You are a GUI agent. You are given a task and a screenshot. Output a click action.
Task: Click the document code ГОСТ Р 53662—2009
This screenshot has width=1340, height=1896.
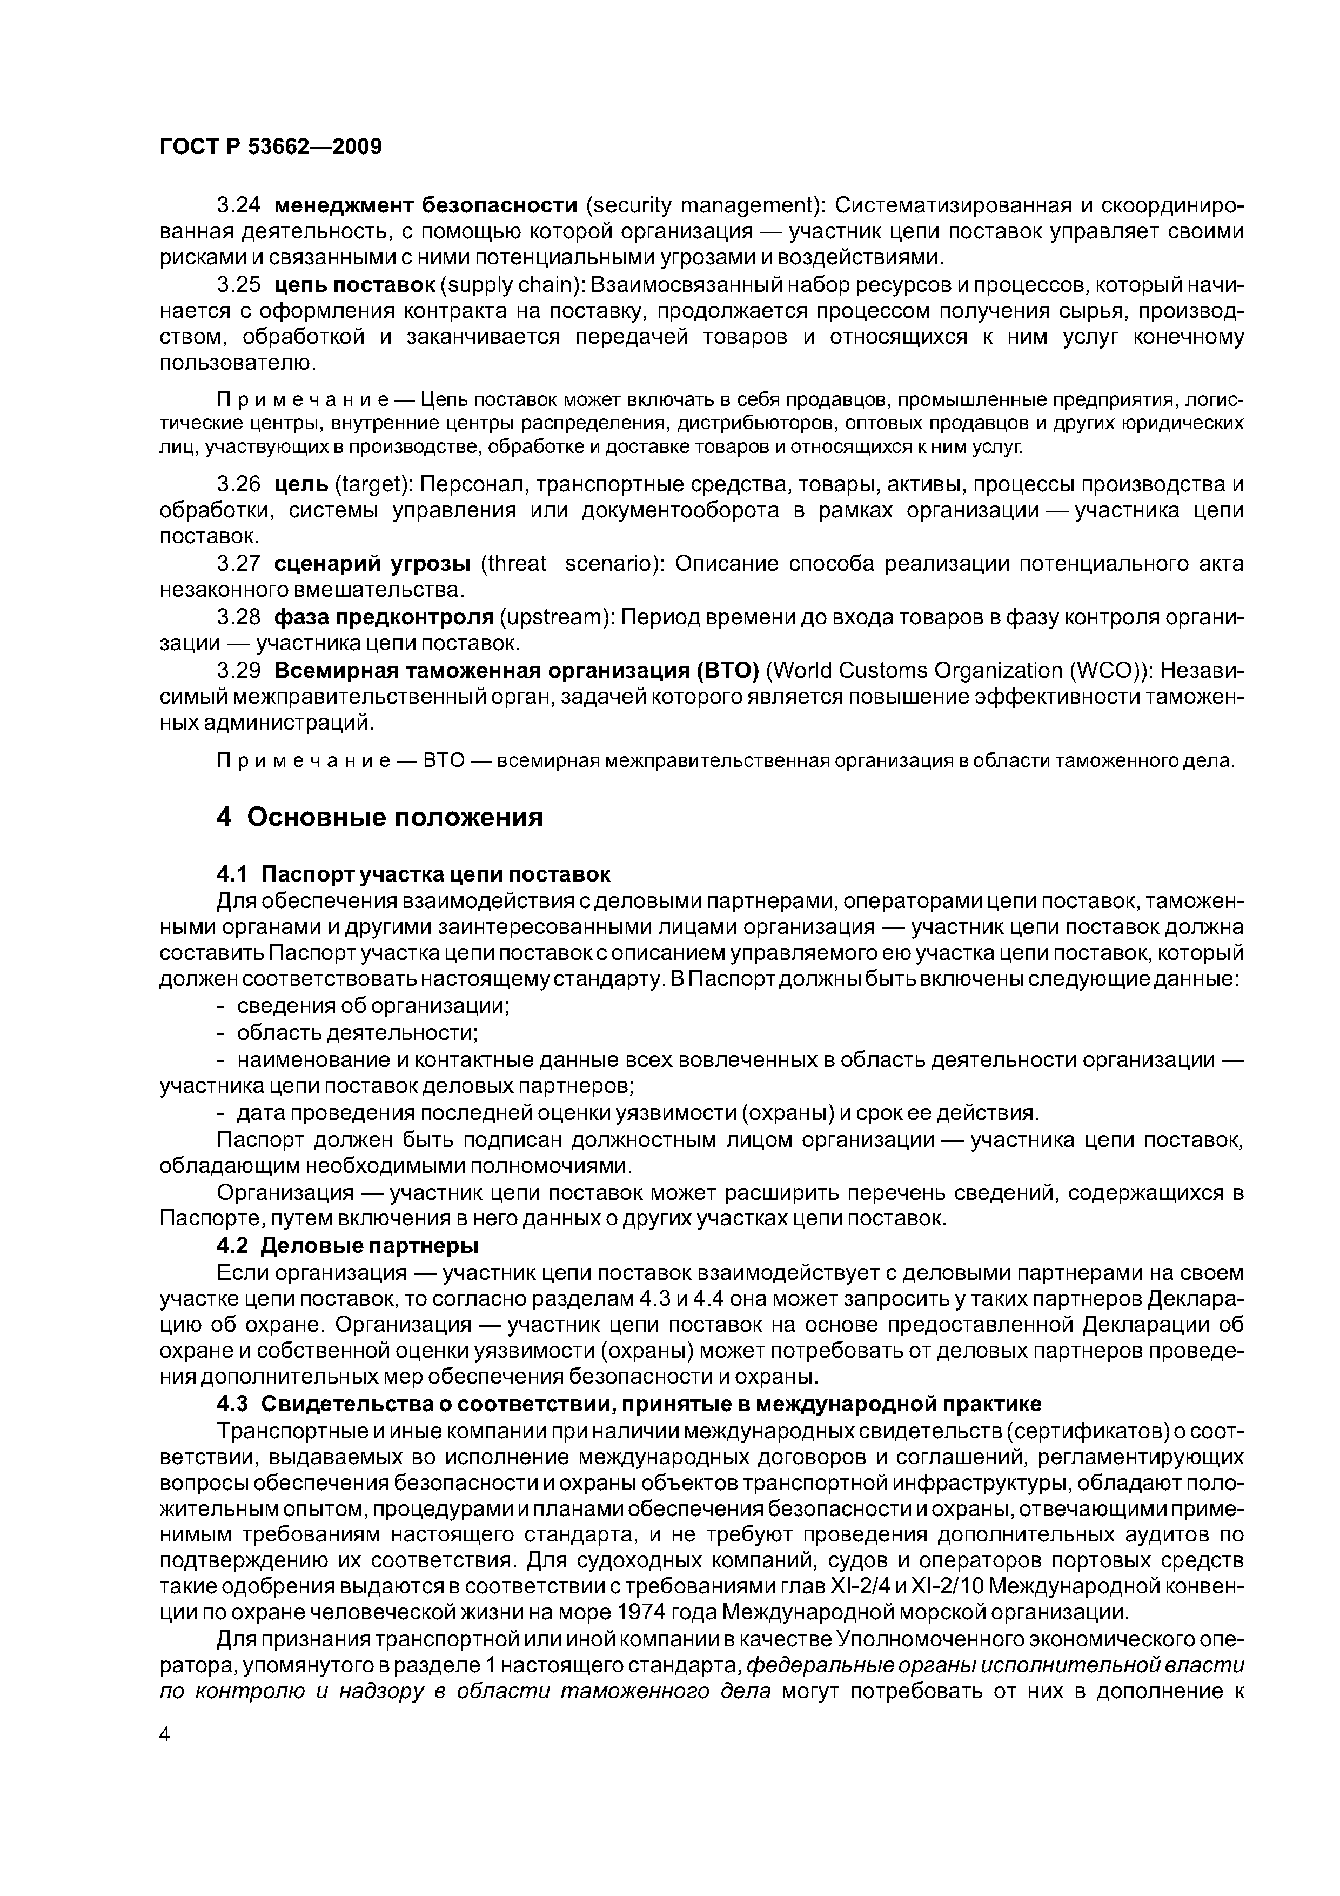coord(271,148)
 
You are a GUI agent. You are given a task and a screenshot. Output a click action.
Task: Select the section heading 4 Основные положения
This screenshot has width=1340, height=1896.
coord(380,818)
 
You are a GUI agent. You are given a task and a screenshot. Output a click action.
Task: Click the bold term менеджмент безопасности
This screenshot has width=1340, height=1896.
coord(425,205)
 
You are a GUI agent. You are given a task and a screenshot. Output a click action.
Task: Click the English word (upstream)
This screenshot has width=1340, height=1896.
coord(554,618)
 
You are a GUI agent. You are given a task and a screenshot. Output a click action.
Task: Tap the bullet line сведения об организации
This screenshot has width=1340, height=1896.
coord(373,1006)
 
